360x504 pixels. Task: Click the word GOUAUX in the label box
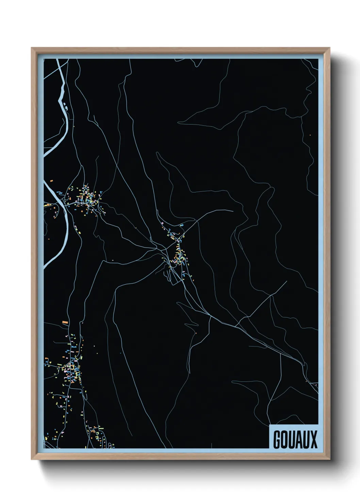point(295,439)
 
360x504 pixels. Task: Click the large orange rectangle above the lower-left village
point(65,322)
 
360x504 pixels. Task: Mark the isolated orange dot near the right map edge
point(310,135)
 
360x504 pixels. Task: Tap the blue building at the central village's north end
point(182,225)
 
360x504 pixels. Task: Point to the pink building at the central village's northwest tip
point(163,223)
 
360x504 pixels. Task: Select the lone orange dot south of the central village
point(196,333)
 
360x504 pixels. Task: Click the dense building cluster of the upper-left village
point(87,199)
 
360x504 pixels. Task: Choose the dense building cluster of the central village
point(179,255)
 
